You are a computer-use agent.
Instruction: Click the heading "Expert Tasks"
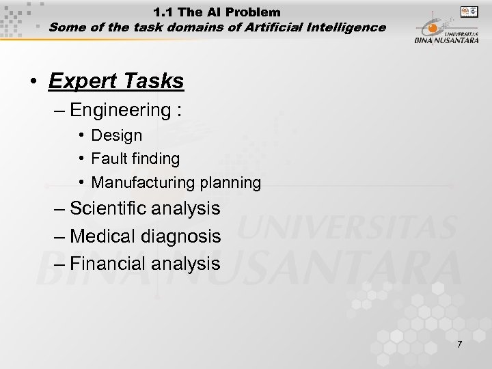[x=116, y=81]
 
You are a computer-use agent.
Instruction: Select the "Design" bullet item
[x=117, y=135]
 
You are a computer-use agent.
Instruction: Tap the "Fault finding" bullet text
[x=135, y=159]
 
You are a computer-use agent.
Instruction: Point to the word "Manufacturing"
[x=143, y=182]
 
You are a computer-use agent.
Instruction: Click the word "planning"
[x=230, y=182]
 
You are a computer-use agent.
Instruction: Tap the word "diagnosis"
[x=184, y=236]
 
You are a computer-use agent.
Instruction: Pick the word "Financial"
[x=111, y=263]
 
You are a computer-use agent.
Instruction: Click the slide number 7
[x=459, y=344]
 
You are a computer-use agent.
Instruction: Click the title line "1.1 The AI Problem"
[x=217, y=12]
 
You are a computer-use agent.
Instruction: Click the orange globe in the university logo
[x=433, y=29]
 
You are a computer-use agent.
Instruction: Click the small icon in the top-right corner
[x=469, y=12]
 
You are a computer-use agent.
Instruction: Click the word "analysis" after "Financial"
[x=186, y=263]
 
